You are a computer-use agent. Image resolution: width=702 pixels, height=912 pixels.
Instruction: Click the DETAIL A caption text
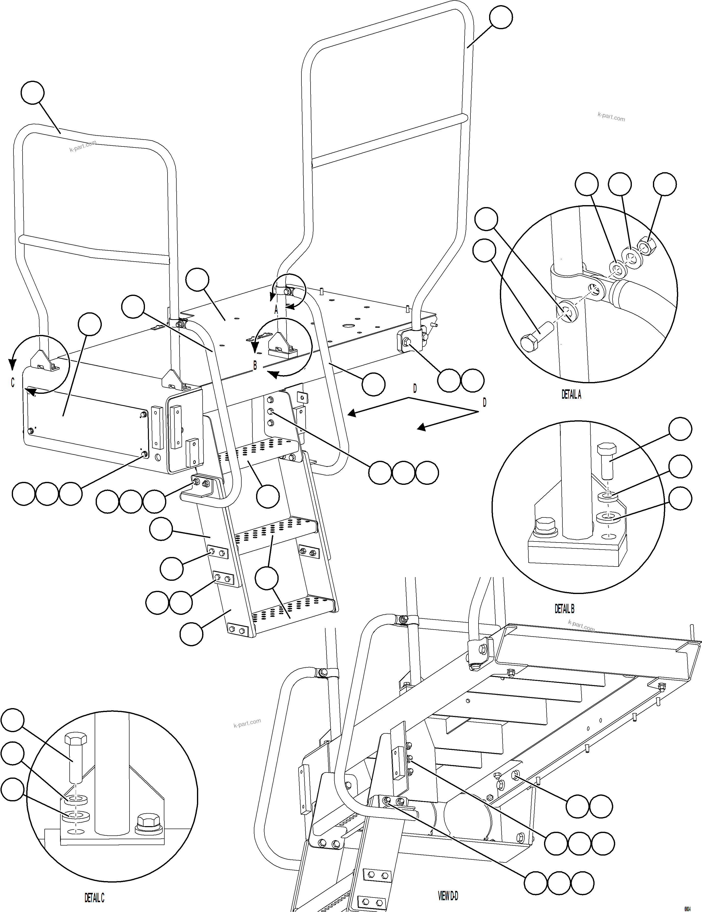[571, 395]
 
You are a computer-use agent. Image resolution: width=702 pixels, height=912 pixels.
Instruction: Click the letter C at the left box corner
[13, 383]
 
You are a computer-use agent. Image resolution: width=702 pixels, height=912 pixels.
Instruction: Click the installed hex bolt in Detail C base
[149, 823]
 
